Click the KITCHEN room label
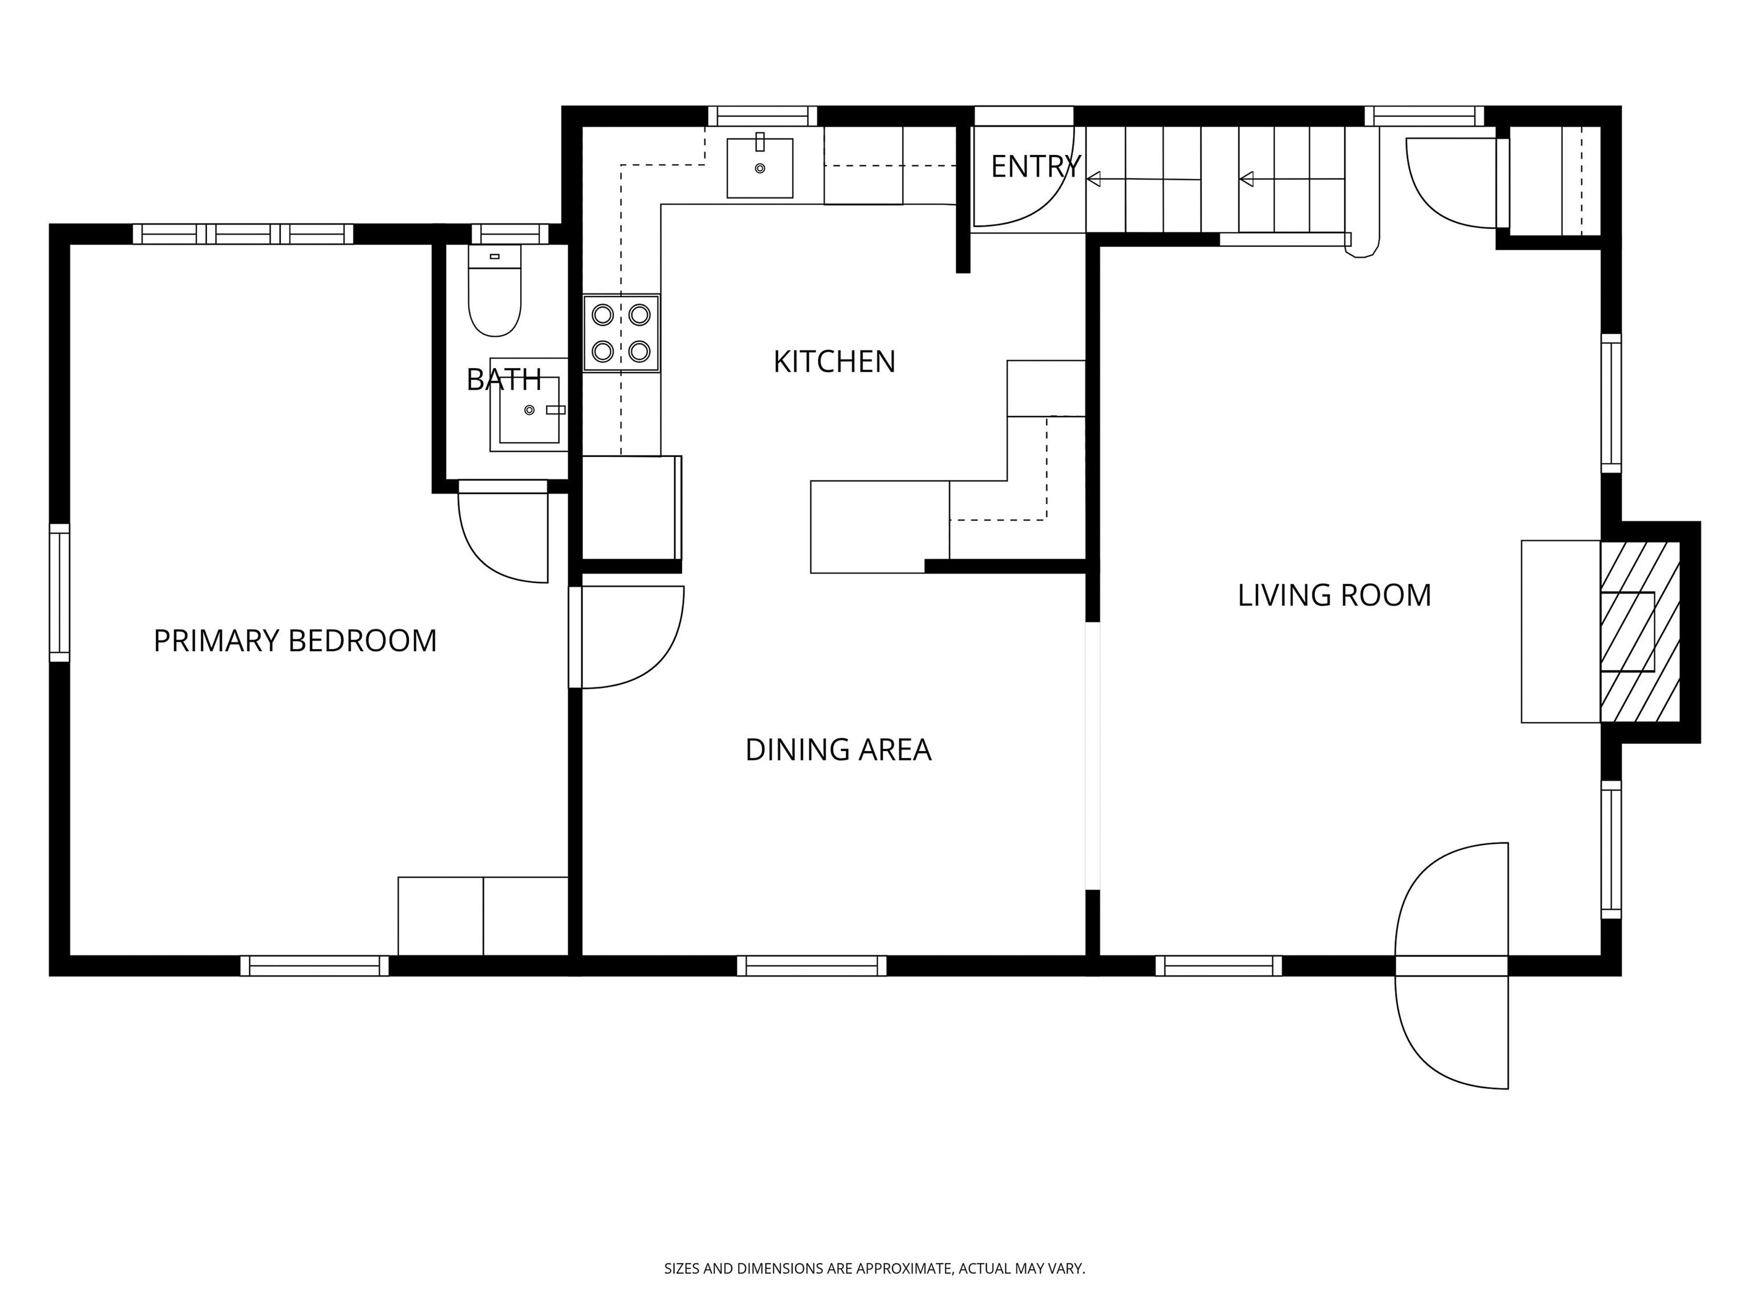pyautogui.click(x=834, y=361)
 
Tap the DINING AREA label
pyautogui.click(x=838, y=749)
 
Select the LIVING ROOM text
pyautogui.click(x=1334, y=595)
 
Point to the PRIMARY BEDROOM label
pyautogui.click(x=295, y=641)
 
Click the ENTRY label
pyautogui.click(x=1035, y=166)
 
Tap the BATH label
pyautogui.click(x=504, y=380)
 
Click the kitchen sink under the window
pyautogui.click(x=760, y=167)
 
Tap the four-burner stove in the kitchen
pyautogui.click(x=621, y=333)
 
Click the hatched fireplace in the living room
pyautogui.click(x=1639, y=631)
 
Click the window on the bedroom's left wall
pyautogui.click(x=59, y=593)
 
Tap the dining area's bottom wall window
pyautogui.click(x=811, y=966)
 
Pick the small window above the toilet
pyautogui.click(x=510, y=234)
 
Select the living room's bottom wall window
pyautogui.click(x=1218, y=966)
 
